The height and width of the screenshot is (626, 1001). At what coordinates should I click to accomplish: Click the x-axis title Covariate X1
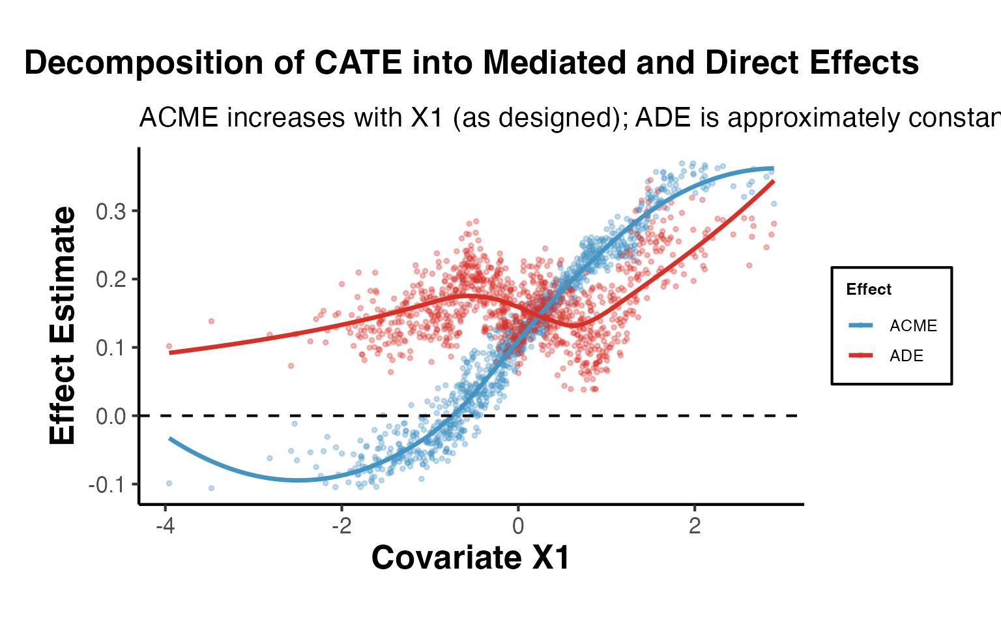point(471,558)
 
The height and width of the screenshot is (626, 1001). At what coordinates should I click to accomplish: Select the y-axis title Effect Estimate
point(63,326)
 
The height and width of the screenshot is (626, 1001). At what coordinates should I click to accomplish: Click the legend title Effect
point(868,290)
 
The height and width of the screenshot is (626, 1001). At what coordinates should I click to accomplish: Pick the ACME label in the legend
point(913,326)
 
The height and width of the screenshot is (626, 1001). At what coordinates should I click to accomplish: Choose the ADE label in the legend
point(907,356)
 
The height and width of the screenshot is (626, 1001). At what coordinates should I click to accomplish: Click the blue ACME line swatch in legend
point(862,325)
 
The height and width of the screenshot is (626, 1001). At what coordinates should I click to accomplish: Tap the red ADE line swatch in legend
point(862,355)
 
